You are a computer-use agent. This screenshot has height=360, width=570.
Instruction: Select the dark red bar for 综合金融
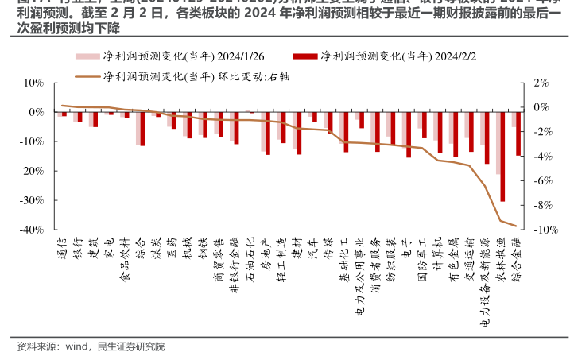pos(518,134)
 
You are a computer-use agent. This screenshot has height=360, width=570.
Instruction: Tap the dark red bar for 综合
pos(143,129)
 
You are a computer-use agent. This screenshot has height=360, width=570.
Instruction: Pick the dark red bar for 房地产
pos(268,133)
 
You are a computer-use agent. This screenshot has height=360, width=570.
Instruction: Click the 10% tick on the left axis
pos(33,83)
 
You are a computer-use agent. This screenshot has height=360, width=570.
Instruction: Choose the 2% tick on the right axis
pos(541,83)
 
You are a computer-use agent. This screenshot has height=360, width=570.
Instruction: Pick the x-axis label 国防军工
pos(422,254)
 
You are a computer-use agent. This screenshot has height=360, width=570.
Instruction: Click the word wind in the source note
pos(76,346)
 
